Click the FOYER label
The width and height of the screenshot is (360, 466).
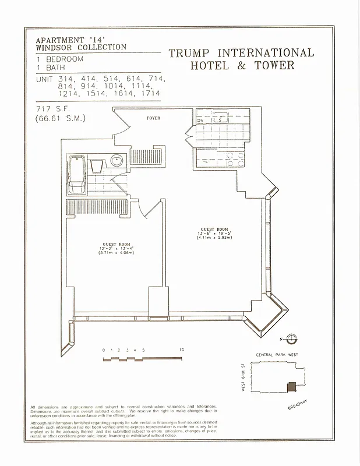point(153,118)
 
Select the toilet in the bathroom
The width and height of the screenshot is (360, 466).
point(97,166)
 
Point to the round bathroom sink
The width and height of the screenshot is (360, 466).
point(116,161)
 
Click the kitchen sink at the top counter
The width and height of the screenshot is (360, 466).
point(222,119)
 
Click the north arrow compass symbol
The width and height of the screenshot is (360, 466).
point(292,338)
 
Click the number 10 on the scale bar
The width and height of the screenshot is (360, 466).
point(182,349)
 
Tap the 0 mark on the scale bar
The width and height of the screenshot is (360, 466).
point(103,349)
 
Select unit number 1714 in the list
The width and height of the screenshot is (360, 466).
point(153,93)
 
